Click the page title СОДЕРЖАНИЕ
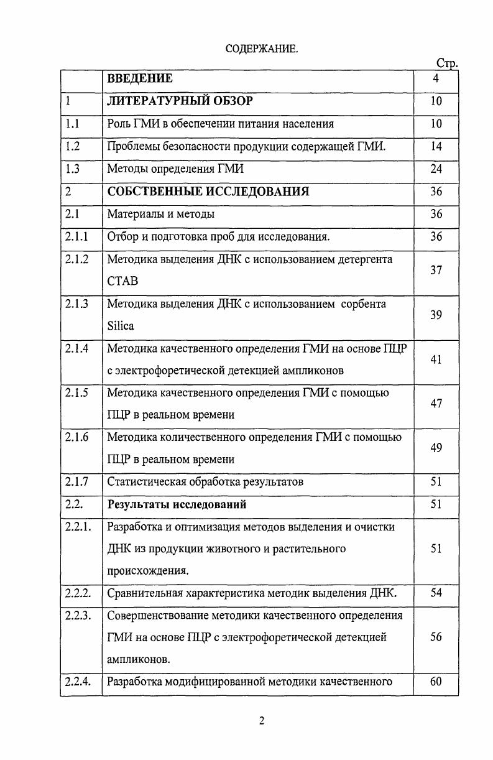click(262, 49)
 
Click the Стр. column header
click(447, 63)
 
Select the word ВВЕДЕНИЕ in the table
click(140, 79)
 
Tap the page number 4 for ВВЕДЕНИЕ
click(436, 79)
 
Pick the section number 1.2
click(72, 146)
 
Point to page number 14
click(436, 146)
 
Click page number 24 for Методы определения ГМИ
click(436, 169)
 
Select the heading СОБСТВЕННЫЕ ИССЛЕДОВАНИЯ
click(208, 192)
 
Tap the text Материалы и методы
click(161, 214)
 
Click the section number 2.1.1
click(76, 236)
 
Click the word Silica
click(121, 326)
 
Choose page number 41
click(436, 359)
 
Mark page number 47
click(436, 404)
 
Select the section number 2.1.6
click(76, 437)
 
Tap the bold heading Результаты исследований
click(177, 504)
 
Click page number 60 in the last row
click(436, 682)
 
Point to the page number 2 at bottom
click(262, 721)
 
